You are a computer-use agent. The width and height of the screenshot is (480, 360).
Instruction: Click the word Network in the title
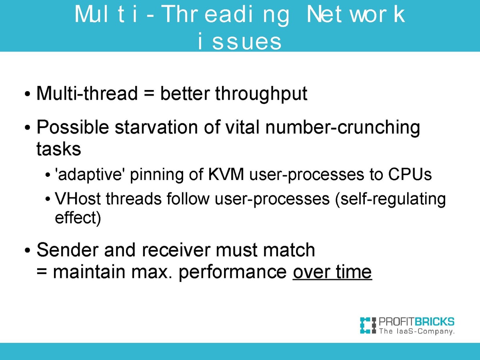(356, 14)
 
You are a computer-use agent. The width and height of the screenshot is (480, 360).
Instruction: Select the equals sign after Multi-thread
(149, 94)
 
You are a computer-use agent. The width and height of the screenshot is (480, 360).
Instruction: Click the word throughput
(261, 94)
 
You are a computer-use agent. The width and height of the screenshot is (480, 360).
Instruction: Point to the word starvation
(156, 127)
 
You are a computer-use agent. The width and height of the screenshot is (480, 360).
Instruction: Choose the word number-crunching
(342, 128)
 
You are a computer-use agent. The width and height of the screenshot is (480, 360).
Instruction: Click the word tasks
(59, 149)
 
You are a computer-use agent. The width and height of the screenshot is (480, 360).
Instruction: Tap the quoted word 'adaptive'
(88, 175)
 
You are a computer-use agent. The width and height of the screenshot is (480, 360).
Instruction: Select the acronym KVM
(226, 174)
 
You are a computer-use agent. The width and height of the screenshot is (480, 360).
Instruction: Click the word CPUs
(410, 174)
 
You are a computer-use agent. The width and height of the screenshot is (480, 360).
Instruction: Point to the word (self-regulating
(390, 200)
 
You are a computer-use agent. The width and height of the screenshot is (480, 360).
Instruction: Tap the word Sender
(67, 250)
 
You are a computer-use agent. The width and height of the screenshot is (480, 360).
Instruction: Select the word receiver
(176, 250)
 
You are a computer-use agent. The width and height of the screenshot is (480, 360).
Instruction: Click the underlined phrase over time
(332, 272)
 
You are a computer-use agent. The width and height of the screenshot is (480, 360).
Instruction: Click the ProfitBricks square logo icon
(368, 326)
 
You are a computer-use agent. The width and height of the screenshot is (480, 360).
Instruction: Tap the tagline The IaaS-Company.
(417, 331)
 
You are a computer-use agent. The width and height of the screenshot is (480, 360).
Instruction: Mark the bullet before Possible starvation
(27, 128)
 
